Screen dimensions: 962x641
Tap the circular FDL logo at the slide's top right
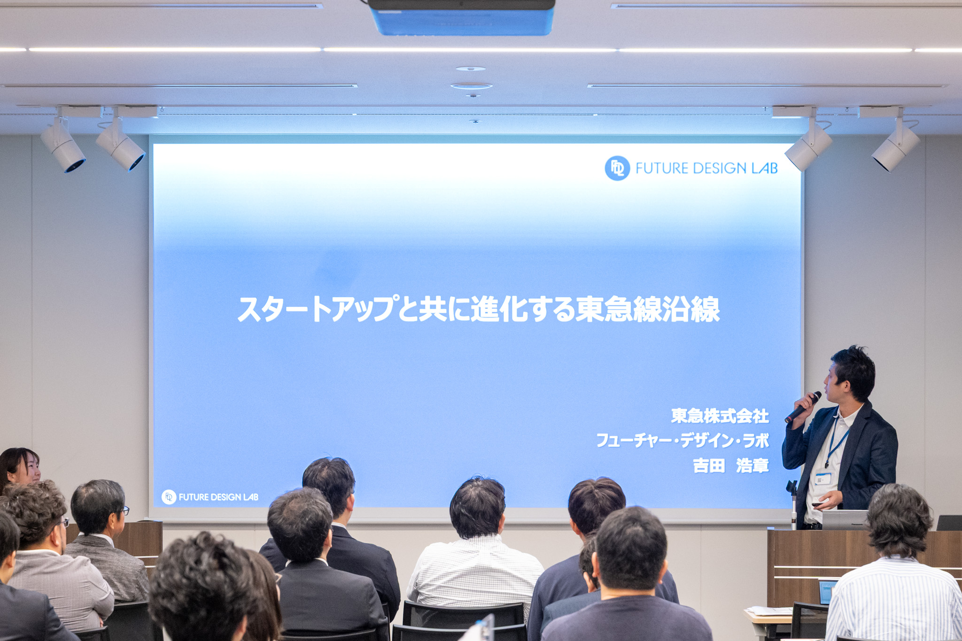(x=617, y=168)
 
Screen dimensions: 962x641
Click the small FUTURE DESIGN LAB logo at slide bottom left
(x=210, y=497)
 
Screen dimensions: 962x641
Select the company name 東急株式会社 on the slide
(x=720, y=416)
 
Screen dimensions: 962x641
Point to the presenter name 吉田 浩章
(x=730, y=465)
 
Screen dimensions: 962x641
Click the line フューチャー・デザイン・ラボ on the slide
(x=682, y=440)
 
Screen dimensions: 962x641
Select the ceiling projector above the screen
(x=462, y=17)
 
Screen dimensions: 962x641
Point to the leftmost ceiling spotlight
(x=63, y=146)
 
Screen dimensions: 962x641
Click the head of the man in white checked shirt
(x=477, y=508)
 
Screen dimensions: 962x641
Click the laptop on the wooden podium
(x=845, y=519)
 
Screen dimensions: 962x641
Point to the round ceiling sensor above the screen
(x=471, y=86)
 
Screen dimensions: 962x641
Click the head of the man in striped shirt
(x=899, y=521)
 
